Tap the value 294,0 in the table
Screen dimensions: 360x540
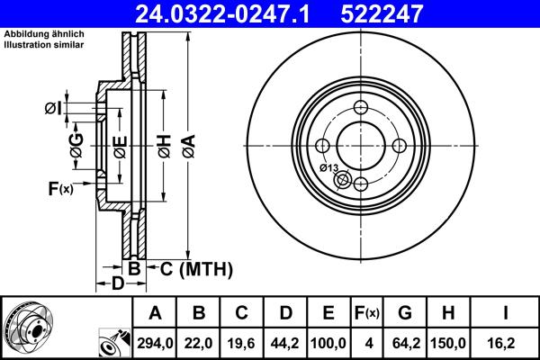(155, 343)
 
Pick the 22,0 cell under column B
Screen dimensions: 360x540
(199, 343)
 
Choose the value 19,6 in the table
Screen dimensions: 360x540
(242, 343)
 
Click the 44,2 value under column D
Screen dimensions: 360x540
(285, 343)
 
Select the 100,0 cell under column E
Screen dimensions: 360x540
(328, 343)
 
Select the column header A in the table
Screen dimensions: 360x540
(155, 314)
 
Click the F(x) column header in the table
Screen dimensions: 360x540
(367, 314)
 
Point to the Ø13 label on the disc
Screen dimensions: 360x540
(328, 168)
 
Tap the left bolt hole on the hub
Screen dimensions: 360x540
(323, 147)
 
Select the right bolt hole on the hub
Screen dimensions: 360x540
(398, 147)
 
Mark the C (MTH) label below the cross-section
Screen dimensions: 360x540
(196, 268)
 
